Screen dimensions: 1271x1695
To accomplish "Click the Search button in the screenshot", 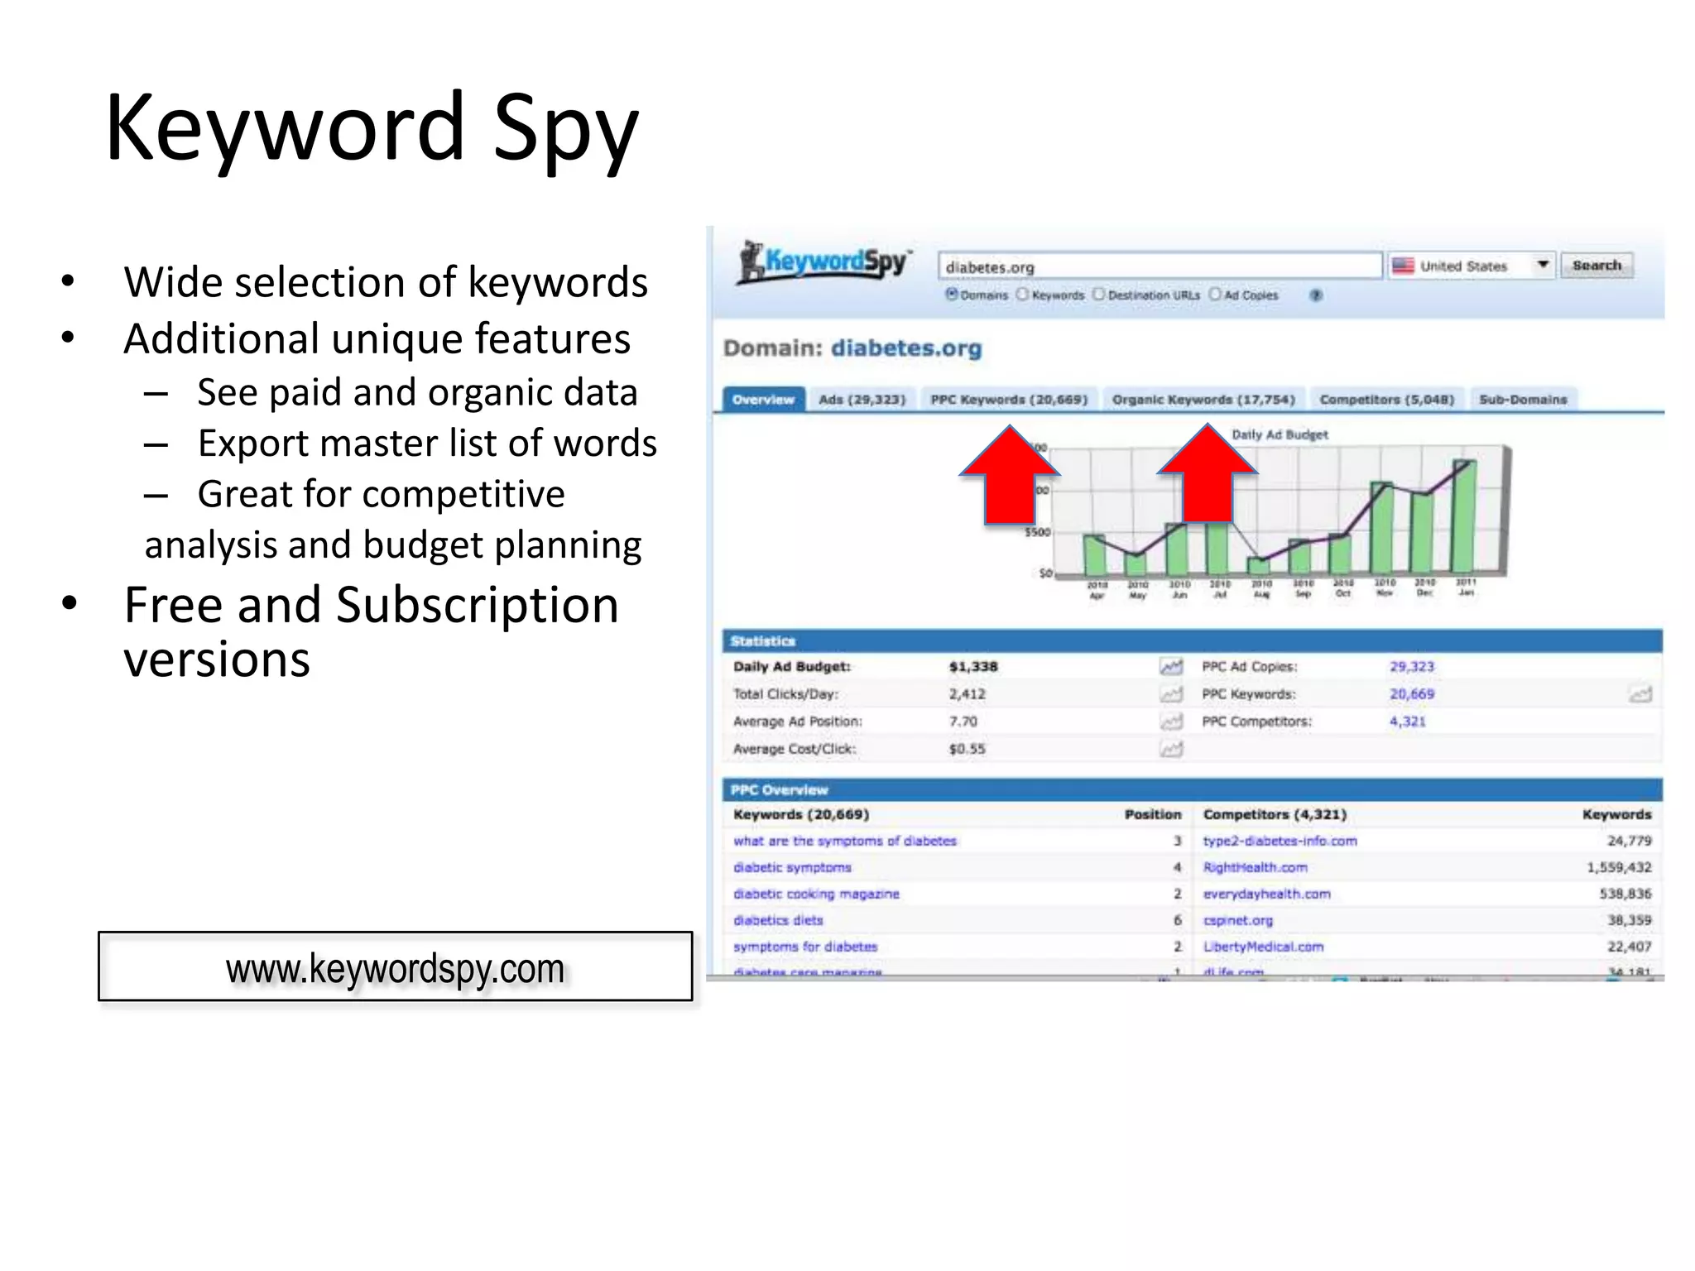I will pos(1596,266).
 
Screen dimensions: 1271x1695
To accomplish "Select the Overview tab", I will pos(763,400).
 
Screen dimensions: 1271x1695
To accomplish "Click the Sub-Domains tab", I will pos(1523,400).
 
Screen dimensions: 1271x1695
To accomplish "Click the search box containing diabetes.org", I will pos(1159,266).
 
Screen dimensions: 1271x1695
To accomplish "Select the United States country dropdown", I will pos(1471,266).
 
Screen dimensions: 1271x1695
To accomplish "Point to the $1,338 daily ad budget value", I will pos(973,666).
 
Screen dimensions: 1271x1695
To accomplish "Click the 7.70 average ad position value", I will pos(963,722).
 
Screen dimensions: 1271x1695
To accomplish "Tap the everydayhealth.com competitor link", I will pos(1266,894).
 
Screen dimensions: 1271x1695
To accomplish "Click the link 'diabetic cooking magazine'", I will pos(816,894).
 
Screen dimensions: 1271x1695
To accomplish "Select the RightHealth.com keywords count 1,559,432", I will pos(1618,867).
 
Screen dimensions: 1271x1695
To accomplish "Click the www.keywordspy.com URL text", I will pos(395,968).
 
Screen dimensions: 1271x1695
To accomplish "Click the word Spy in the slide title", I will pos(565,129).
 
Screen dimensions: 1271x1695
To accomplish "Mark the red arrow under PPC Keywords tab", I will pos(1010,480).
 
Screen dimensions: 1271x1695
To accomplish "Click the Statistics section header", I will pos(763,641).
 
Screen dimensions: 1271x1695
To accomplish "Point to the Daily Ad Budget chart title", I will pos(1280,434).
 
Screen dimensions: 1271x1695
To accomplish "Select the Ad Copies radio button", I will pos(1215,295).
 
